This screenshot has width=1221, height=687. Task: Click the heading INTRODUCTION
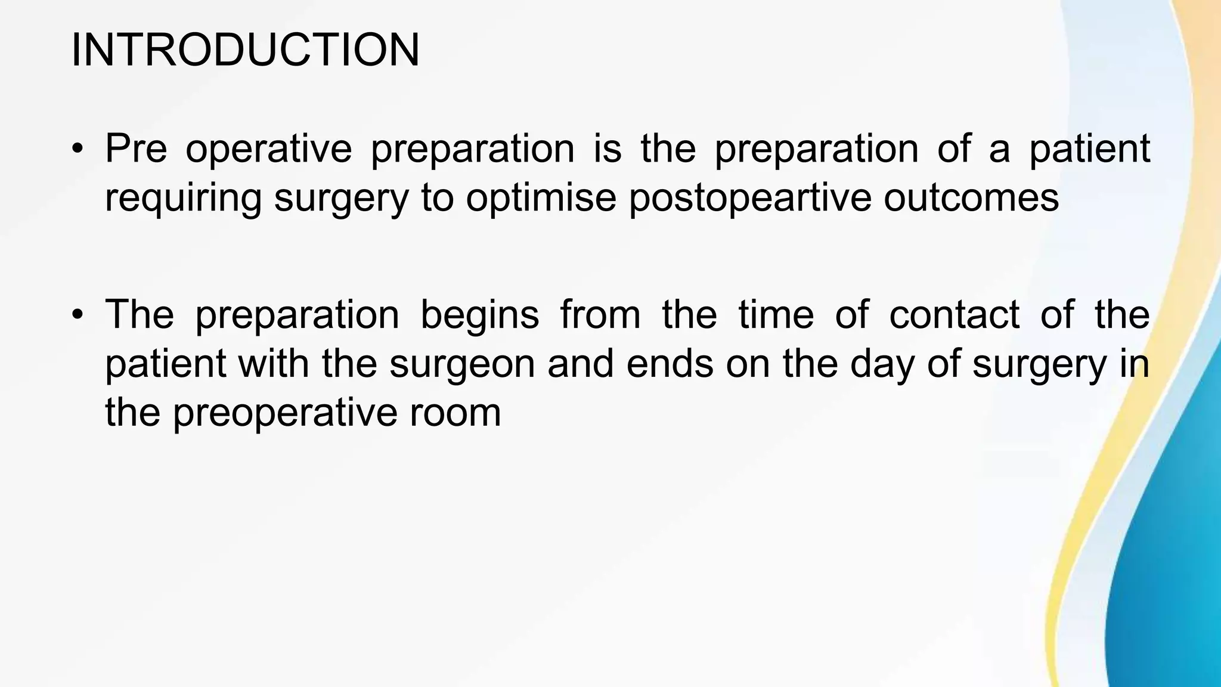click(245, 50)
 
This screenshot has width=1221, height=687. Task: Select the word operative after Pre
click(268, 149)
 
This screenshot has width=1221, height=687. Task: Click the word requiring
click(183, 198)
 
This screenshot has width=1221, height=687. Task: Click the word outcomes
click(971, 198)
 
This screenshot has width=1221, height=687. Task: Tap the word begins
click(480, 315)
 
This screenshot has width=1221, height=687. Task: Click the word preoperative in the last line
click(285, 413)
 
